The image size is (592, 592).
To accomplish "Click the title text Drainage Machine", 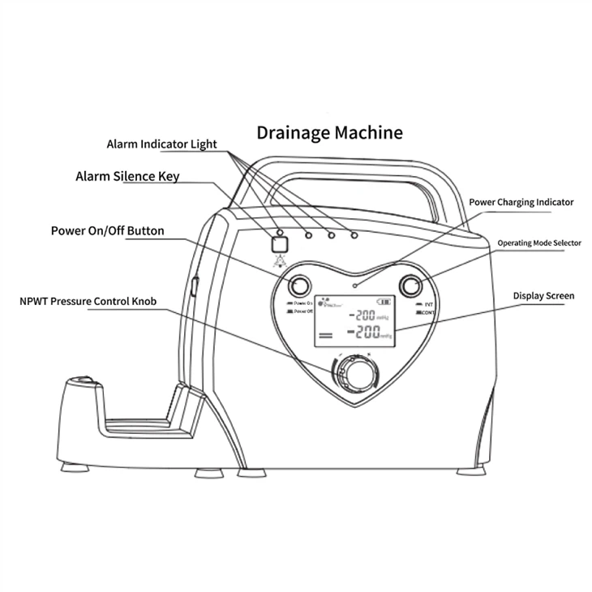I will click(x=329, y=131).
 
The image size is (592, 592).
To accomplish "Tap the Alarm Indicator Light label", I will click(x=161, y=144).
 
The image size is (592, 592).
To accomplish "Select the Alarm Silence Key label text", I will click(x=127, y=176).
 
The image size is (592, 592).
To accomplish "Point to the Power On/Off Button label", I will click(x=107, y=231).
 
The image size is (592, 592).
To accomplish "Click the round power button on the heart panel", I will click(x=298, y=285).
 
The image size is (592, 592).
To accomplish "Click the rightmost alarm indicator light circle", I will click(x=354, y=236).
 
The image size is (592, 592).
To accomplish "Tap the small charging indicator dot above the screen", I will click(x=354, y=287).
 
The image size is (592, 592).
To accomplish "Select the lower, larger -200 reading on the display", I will click(x=362, y=333).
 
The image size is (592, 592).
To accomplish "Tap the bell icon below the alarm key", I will click(x=281, y=261).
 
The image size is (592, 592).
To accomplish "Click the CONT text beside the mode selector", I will click(x=428, y=312).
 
